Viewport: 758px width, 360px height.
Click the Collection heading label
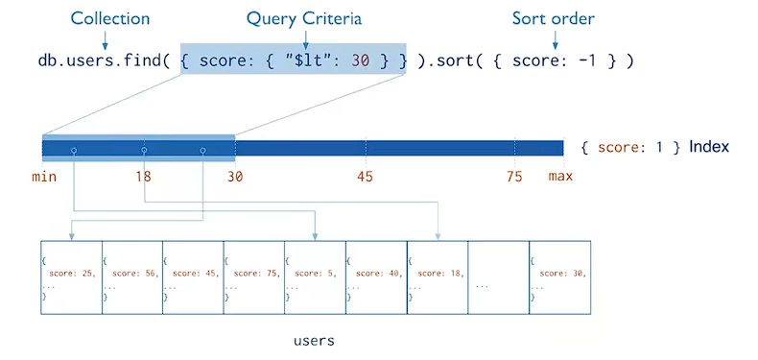pyautogui.click(x=109, y=19)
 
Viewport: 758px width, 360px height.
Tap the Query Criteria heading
pyautogui.click(x=304, y=19)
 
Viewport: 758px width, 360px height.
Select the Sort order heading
pyautogui.click(x=554, y=19)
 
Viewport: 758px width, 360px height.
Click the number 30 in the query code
pyautogui.click(x=361, y=61)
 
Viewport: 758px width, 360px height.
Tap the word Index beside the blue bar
pyautogui.click(x=709, y=147)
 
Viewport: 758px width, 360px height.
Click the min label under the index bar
pyautogui.click(x=44, y=177)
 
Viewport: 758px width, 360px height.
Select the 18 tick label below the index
pyautogui.click(x=143, y=177)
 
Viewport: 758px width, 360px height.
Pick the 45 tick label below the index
pyautogui.click(x=365, y=177)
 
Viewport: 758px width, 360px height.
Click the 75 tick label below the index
pyautogui.click(x=514, y=177)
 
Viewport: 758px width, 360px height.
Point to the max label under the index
pyautogui.click(x=560, y=177)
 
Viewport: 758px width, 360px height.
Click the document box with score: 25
pyautogui.click(x=72, y=277)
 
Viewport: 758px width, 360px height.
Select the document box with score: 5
pyautogui.click(x=315, y=277)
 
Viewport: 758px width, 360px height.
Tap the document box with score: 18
pyautogui.click(x=438, y=277)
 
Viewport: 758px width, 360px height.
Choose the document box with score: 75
pyautogui.click(x=254, y=277)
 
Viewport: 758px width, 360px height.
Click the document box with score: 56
pyautogui.click(x=132, y=277)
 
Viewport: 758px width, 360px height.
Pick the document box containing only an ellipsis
pyautogui.click(x=498, y=277)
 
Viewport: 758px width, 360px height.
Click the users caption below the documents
pyautogui.click(x=314, y=341)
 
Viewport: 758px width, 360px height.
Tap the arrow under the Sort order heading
pyautogui.click(x=555, y=39)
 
